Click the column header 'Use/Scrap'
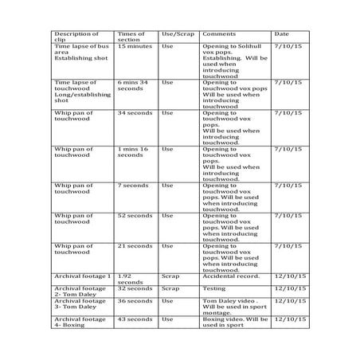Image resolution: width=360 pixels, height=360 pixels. (178, 35)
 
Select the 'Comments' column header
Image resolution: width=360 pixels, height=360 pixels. (218, 35)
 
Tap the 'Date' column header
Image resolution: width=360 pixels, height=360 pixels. (281, 35)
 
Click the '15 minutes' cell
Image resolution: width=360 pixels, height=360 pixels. (135, 47)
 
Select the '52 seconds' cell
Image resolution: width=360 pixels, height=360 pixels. (135, 216)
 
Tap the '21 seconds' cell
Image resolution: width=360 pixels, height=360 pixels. (135, 246)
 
